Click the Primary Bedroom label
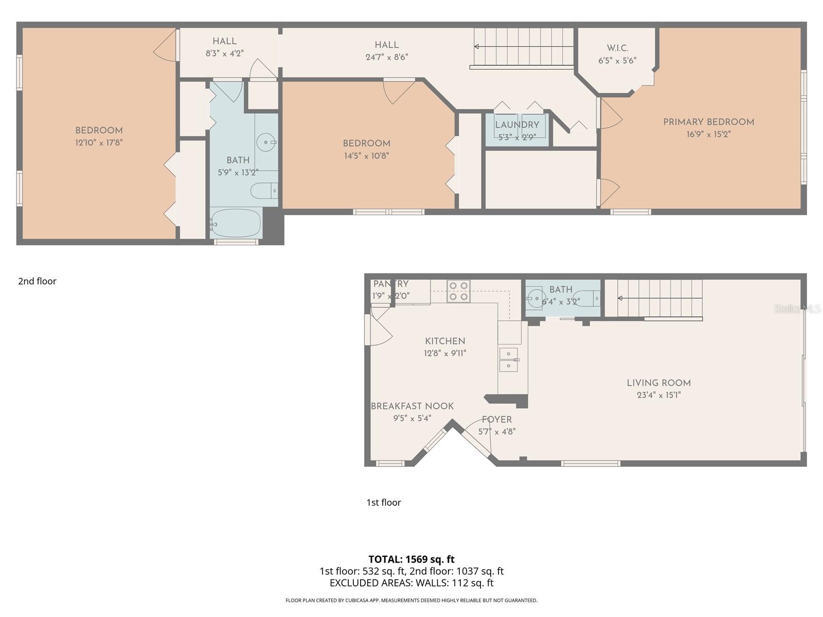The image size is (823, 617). [x=708, y=122]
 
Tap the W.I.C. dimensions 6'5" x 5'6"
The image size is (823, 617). [x=617, y=60]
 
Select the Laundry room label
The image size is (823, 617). [x=517, y=125]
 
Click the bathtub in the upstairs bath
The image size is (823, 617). [x=237, y=223]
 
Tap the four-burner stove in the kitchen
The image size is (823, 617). [x=458, y=291]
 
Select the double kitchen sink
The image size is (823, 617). [x=509, y=359]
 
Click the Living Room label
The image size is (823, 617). [x=658, y=383]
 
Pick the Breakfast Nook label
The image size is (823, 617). [x=412, y=406]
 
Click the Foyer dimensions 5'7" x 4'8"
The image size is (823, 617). [x=497, y=432]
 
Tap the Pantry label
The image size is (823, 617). [x=391, y=284]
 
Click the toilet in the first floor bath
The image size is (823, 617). [x=586, y=298]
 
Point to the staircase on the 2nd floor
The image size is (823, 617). [x=523, y=47]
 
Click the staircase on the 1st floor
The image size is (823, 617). [x=653, y=298]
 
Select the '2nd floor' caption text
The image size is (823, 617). [x=37, y=281]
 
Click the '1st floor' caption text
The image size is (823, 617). [x=383, y=502]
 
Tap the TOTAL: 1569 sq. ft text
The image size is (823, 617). [x=411, y=559]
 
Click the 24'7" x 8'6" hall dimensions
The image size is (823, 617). [x=386, y=57]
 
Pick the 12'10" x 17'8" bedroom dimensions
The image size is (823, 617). [x=99, y=142]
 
